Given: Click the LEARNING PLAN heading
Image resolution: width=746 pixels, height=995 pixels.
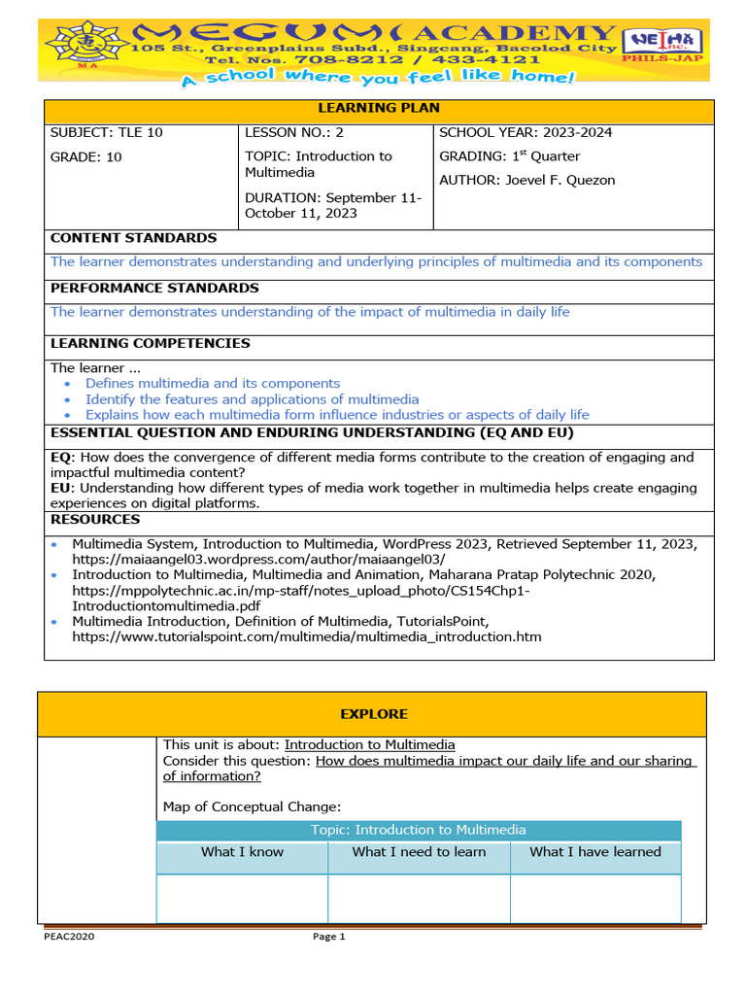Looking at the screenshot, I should point(379,108).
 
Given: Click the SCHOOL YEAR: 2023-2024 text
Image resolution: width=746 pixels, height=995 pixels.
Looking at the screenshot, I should point(526,132).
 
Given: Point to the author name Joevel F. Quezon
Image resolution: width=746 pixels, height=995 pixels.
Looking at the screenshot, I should point(561,180).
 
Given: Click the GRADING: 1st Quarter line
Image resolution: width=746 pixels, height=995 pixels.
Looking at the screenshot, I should point(509,156).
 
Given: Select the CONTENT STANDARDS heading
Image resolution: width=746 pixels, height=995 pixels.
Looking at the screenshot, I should point(133,238).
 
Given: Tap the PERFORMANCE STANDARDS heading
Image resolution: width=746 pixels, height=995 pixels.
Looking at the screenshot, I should point(154,289).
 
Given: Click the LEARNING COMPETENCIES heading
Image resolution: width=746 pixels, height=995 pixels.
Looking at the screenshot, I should point(150,343).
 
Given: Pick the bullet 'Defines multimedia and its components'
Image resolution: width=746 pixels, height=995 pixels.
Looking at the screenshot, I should point(212,384).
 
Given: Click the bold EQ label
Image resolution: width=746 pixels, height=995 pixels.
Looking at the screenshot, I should point(60,458).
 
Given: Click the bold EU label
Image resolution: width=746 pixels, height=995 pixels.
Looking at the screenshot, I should point(60,488).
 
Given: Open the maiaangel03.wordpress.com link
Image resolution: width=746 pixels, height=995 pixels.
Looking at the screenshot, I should point(258,560).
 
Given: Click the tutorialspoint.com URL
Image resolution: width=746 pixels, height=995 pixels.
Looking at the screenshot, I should point(306,637).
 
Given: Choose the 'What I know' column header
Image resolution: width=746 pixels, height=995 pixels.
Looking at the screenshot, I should point(242,852).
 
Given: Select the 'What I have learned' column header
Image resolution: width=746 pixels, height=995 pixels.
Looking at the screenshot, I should point(594,852).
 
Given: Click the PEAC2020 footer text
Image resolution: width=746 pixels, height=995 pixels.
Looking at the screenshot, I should point(69,937).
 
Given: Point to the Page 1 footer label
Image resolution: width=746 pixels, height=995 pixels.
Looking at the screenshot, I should point(328,937).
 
